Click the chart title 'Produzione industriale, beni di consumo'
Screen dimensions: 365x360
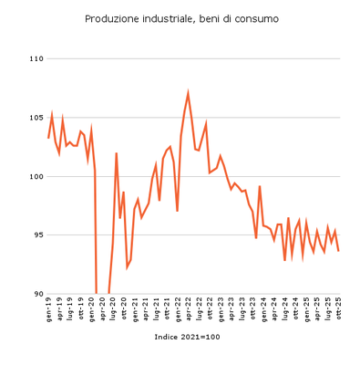(181, 18)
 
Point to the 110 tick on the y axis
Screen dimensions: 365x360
(36, 59)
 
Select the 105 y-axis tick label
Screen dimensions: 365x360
(36, 118)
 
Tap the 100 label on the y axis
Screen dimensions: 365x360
(36, 176)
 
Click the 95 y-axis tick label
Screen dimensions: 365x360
(38, 235)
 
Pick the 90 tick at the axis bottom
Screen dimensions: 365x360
(38, 294)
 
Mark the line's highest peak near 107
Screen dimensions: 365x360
(188, 92)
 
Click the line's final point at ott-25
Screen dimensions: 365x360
(339, 251)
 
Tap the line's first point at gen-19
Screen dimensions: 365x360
(48, 138)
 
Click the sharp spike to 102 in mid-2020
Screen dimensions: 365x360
(117, 153)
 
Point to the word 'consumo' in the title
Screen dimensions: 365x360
(257, 18)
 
